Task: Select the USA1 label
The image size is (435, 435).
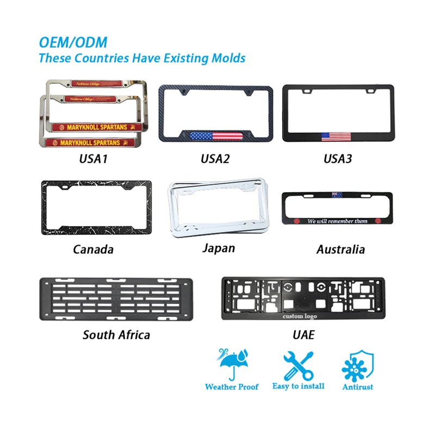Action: (x=93, y=160)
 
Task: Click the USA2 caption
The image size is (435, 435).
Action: (x=215, y=160)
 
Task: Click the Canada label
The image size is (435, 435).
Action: (x=93, y=250)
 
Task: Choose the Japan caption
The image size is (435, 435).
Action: (x=218, y=248)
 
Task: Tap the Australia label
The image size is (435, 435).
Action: (x=340, y=250)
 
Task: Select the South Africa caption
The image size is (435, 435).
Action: (x=116, y=334)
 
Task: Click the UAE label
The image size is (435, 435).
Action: (x=302, y=334)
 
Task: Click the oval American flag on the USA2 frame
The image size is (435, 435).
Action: (x=216, y=136)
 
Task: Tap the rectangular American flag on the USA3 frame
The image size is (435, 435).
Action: (x=335, y=136)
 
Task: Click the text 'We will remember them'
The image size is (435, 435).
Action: (x=337, y=221)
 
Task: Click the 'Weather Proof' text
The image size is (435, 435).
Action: (x=232, y=387)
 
